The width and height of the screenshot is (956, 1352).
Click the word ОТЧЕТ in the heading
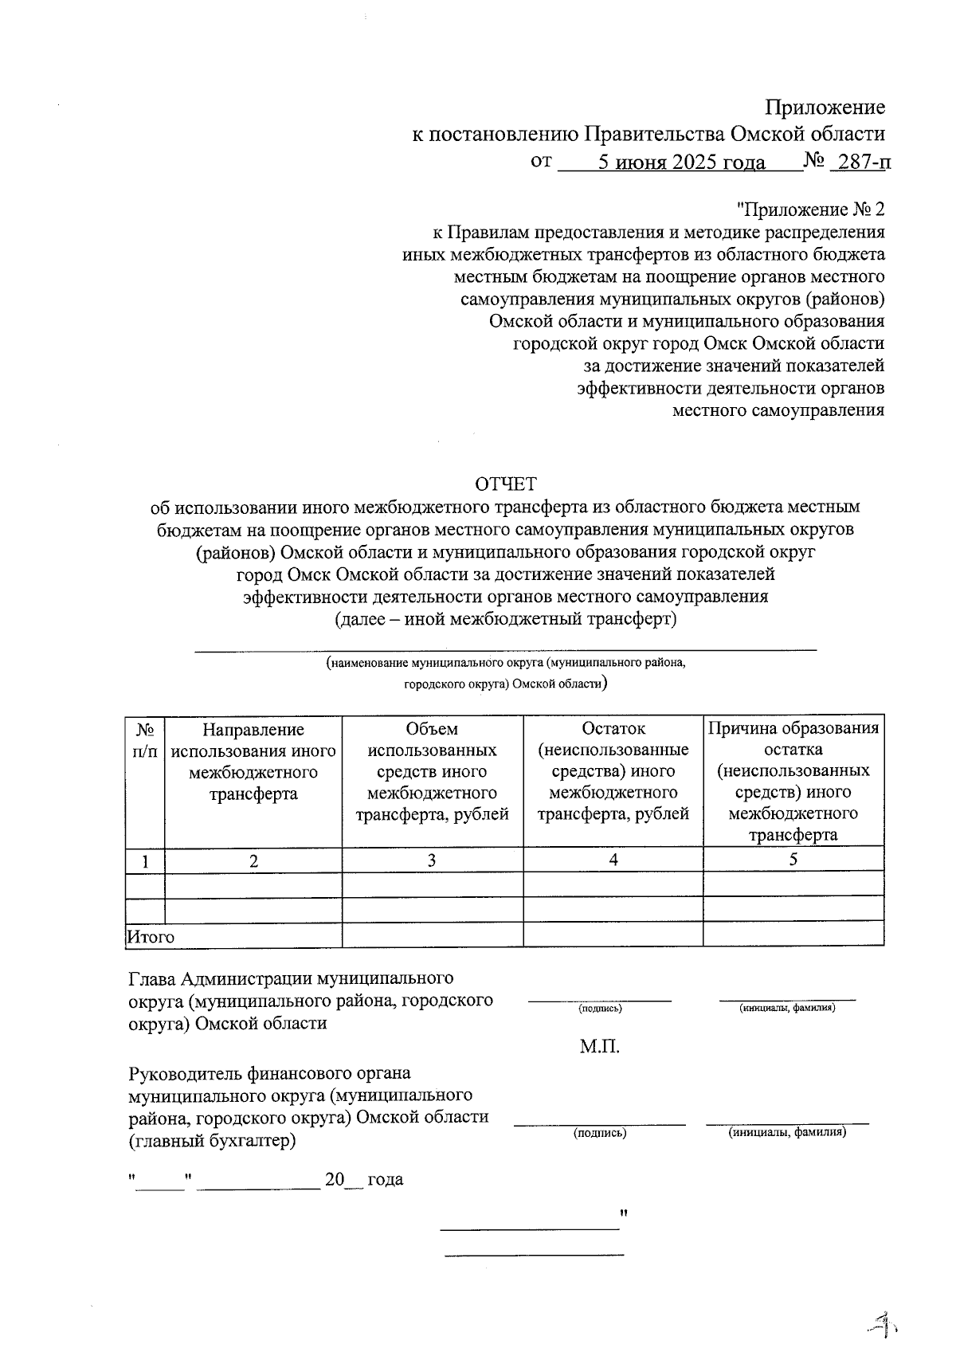(x=506, y=484)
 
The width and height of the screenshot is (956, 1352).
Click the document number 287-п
(x=860, y=162)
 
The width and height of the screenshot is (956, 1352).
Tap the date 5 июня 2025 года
(x=682, y=163)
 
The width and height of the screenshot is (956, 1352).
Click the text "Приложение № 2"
(x=810, y=210)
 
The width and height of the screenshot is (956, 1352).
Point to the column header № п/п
(x=145, y=740)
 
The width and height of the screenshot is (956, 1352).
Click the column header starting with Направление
(x=253, y=762)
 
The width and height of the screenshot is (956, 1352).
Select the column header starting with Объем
(x=432, y=771)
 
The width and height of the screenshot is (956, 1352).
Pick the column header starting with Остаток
(x=613, y=771)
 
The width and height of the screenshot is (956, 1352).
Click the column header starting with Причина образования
(x=793, y=781)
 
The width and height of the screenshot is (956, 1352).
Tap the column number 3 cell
(x=432, y=860)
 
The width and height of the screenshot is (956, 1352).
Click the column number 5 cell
(x=793, y=860)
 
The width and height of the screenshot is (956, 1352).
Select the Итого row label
(x=151, y=937)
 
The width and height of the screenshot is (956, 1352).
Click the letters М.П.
(x=600, y=1047)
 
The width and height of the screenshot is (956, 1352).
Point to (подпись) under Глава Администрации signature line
(x=600, y=1009)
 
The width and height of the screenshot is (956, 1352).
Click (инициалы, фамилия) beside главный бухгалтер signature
(x=787, y=1132)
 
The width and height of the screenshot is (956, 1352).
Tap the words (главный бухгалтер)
(x=212, y=1141)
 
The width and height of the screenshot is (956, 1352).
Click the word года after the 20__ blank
(x=385, y=1179)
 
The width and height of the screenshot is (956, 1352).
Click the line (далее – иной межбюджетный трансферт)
(x=506, y=619)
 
